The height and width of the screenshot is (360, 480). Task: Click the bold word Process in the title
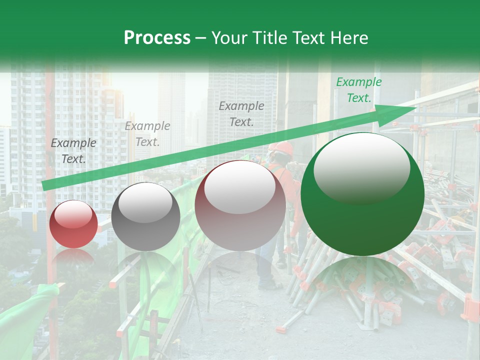157,38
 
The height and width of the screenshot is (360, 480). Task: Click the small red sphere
73,224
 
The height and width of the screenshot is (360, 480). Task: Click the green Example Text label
359,90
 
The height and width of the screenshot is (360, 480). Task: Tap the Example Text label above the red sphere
73,151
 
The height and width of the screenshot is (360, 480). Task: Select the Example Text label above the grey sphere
147,134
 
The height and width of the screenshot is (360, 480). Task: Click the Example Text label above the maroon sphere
241,113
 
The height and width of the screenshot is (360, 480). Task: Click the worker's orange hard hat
283,147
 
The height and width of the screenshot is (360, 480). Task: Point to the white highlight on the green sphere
361,166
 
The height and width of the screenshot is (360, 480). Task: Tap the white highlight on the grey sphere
145,202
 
